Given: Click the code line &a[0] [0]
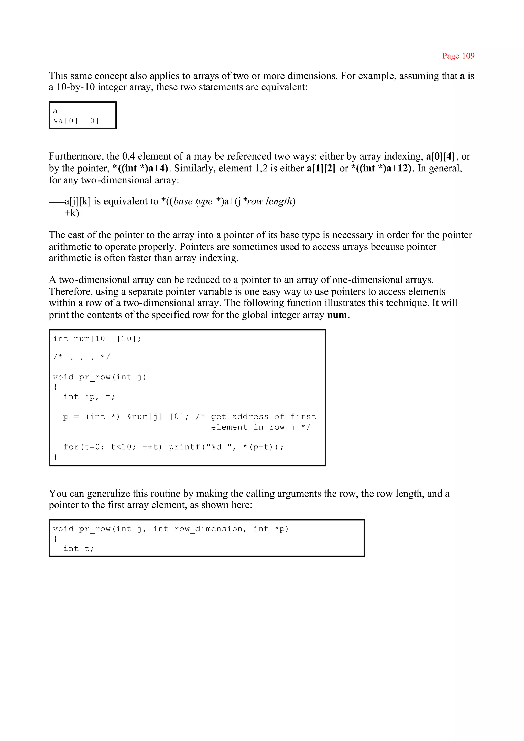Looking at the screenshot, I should point(76,121).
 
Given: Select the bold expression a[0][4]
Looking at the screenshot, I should point(440,156).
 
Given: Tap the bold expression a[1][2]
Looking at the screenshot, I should point(321,168).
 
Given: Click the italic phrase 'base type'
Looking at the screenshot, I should point(193,201).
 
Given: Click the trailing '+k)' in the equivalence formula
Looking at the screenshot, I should point(72,213).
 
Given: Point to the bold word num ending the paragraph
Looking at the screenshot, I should point(337,315).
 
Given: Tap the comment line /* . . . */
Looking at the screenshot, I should point(82,357).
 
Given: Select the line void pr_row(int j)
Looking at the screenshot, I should point(99,377).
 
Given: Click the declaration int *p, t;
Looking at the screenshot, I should point(89,397).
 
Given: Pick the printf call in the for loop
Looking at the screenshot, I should point(226,447).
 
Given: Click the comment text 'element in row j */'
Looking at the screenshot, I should point(260,427).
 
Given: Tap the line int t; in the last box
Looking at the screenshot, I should point(78,548).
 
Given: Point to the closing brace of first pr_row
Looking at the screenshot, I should point(55,456).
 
